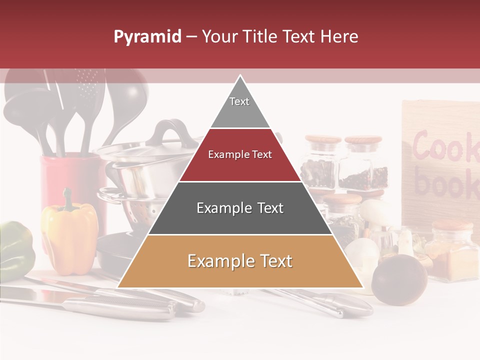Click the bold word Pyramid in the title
(x=147, y=36)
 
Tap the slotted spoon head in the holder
(x=87, y=82)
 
